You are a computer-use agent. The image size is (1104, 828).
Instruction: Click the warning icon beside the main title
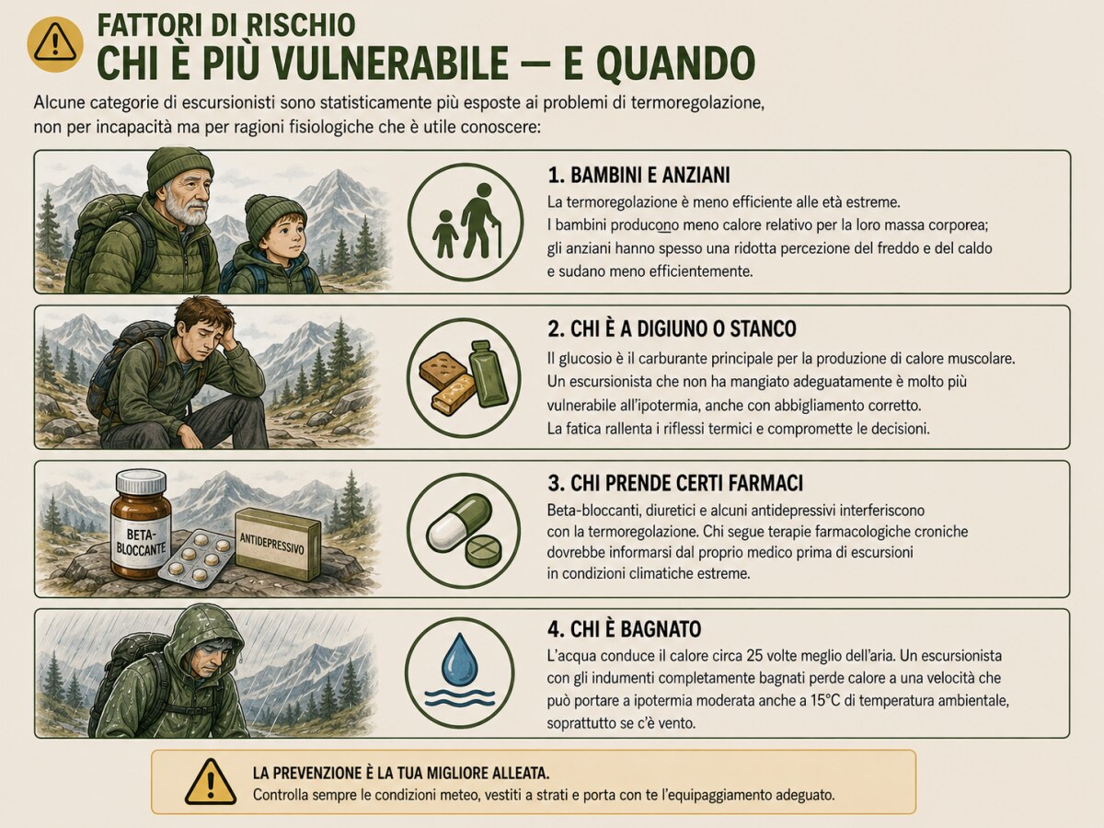click(55, 44)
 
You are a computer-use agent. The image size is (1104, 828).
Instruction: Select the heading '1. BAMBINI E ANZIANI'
click(638, 175)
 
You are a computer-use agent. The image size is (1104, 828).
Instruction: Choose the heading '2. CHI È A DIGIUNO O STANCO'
click(672, 328)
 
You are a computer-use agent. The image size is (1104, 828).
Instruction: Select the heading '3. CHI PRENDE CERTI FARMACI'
click(675, 483)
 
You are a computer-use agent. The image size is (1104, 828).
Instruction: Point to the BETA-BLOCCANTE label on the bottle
click(141, 540)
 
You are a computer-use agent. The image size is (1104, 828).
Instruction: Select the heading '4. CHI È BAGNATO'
click(624, 629)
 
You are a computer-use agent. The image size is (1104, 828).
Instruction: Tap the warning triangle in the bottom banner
click(211, 782)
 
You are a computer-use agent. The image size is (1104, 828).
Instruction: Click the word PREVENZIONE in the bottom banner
click(322, 773)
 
